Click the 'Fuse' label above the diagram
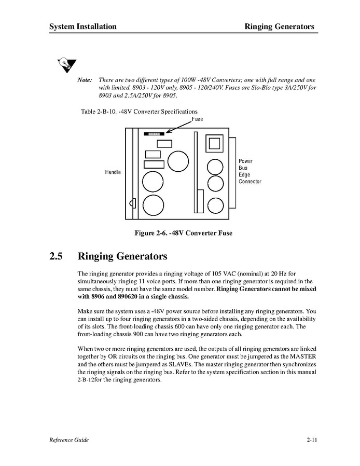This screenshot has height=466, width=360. pyautogui.click(x=197, y=119)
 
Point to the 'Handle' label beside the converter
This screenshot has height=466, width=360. pyautogui.click(x=113, y=172)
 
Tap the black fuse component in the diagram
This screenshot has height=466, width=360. pyautogui.click(x=154, y=133)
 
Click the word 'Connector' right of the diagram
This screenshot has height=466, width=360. pyautogui.click(x=250, y=182)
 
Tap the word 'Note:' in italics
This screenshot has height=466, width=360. pyautogui.click(x=85, y=80)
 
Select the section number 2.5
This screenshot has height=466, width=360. pyautogui.click(x=56, y=256)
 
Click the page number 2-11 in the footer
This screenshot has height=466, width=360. pyautogui.click(x=311, y=440)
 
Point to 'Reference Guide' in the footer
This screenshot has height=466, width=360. pyautogui.click(x=69, y=440)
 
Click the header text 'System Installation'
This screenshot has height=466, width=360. pyautogui.click(x=83, y=26)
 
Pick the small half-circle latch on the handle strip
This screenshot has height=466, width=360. pyautogui.click(x=134, y=202)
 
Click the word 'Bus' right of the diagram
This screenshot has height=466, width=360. pyautogui.click(x=243, y=168)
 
